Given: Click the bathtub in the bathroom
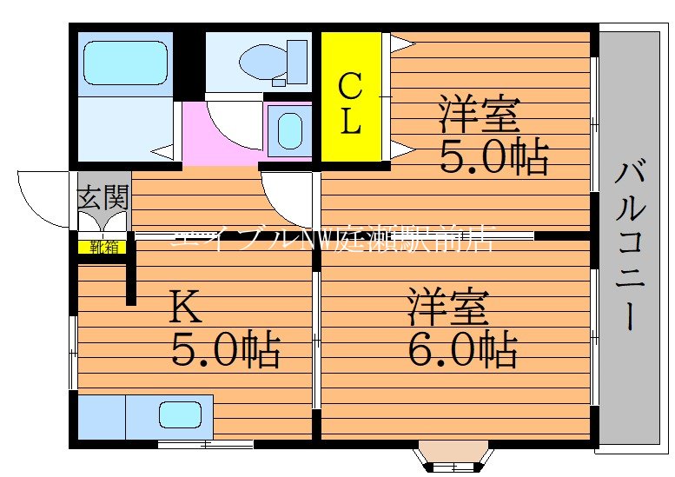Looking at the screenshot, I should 125,63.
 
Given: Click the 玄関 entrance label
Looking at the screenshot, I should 103,198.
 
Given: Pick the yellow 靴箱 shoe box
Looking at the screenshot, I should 103,247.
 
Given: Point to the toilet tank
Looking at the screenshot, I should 297,61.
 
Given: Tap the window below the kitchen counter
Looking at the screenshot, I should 206,445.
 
